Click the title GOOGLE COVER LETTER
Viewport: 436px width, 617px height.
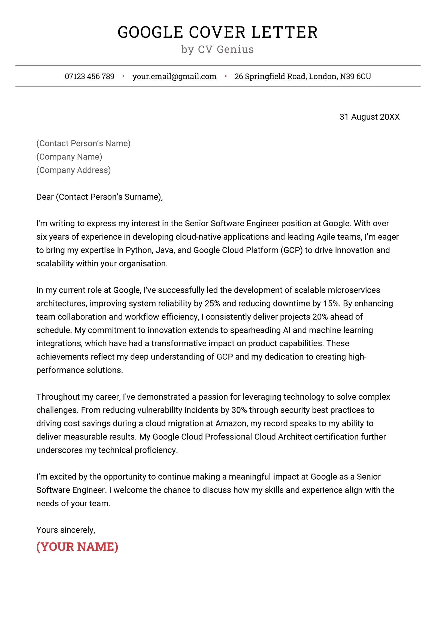(217, 32)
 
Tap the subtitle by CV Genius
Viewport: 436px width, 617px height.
(217, 49)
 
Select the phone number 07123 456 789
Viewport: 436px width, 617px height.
(89, 76)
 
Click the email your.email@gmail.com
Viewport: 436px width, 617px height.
(174, 76)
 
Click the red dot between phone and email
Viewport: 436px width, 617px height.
(123, 76)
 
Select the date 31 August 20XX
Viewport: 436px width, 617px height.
(369, 117)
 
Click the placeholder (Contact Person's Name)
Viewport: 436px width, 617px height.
(83, 143)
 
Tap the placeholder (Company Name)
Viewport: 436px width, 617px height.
(69, 157)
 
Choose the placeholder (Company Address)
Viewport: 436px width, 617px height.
(74, 170)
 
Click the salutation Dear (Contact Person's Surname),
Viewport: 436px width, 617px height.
(99, 197)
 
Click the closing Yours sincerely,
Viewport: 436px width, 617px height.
(66, 530)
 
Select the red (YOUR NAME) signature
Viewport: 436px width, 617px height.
(77, 547)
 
